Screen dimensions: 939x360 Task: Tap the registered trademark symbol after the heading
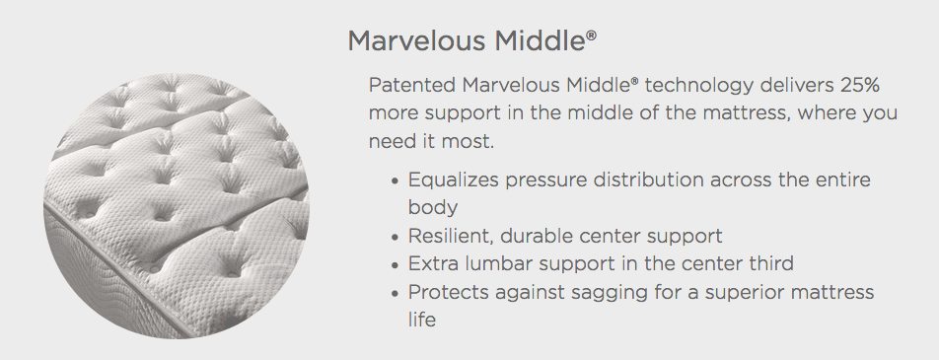pyautogui.click(x=592, y=35)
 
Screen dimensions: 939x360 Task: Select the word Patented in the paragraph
pyautogui.click(x=412, y=85)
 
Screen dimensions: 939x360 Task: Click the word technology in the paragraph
pyautogui.click(x=699, y=86)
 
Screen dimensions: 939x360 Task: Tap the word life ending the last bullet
pyautogui.click(x=421, y=320)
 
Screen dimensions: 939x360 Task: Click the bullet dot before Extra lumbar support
pyautogui.click(x=394, y=264)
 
